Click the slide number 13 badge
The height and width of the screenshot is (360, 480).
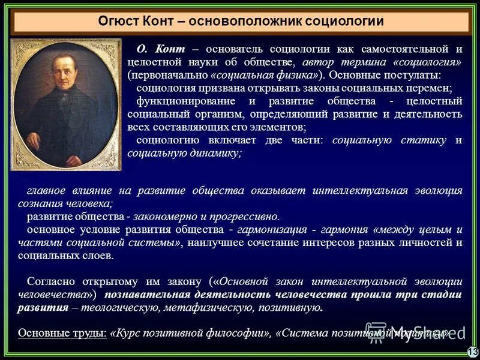tap(472, 352)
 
